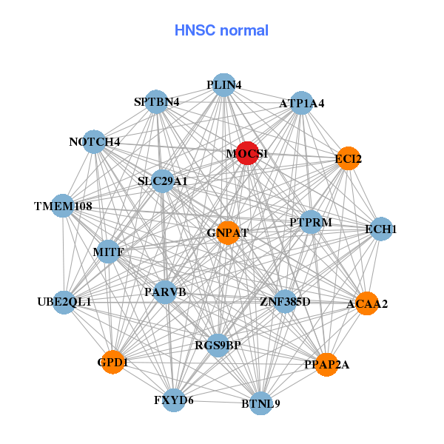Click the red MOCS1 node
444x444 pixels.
[247, 153]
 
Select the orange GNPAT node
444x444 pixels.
[228, 232]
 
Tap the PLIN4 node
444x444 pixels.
[223, 84]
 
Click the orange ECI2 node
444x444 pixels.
[348, 158]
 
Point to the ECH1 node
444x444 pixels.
[381, 229]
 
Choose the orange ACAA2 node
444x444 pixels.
[367, 303]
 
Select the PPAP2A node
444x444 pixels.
[326, 364]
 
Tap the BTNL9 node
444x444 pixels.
[260, 403]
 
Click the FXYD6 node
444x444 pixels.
[174, 400]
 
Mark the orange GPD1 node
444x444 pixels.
[112, 363]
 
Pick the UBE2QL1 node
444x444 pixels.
[64, 302]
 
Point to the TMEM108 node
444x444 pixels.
[63, 206]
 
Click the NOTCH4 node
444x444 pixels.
[94, 141]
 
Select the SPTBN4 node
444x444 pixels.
[156, 101]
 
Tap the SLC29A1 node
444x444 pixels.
[163, 181]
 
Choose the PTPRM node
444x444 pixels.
[311, 222]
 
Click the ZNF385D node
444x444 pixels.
[285, 302]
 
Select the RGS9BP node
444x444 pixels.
[218, 345]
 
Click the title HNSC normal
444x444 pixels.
[221, 31]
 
